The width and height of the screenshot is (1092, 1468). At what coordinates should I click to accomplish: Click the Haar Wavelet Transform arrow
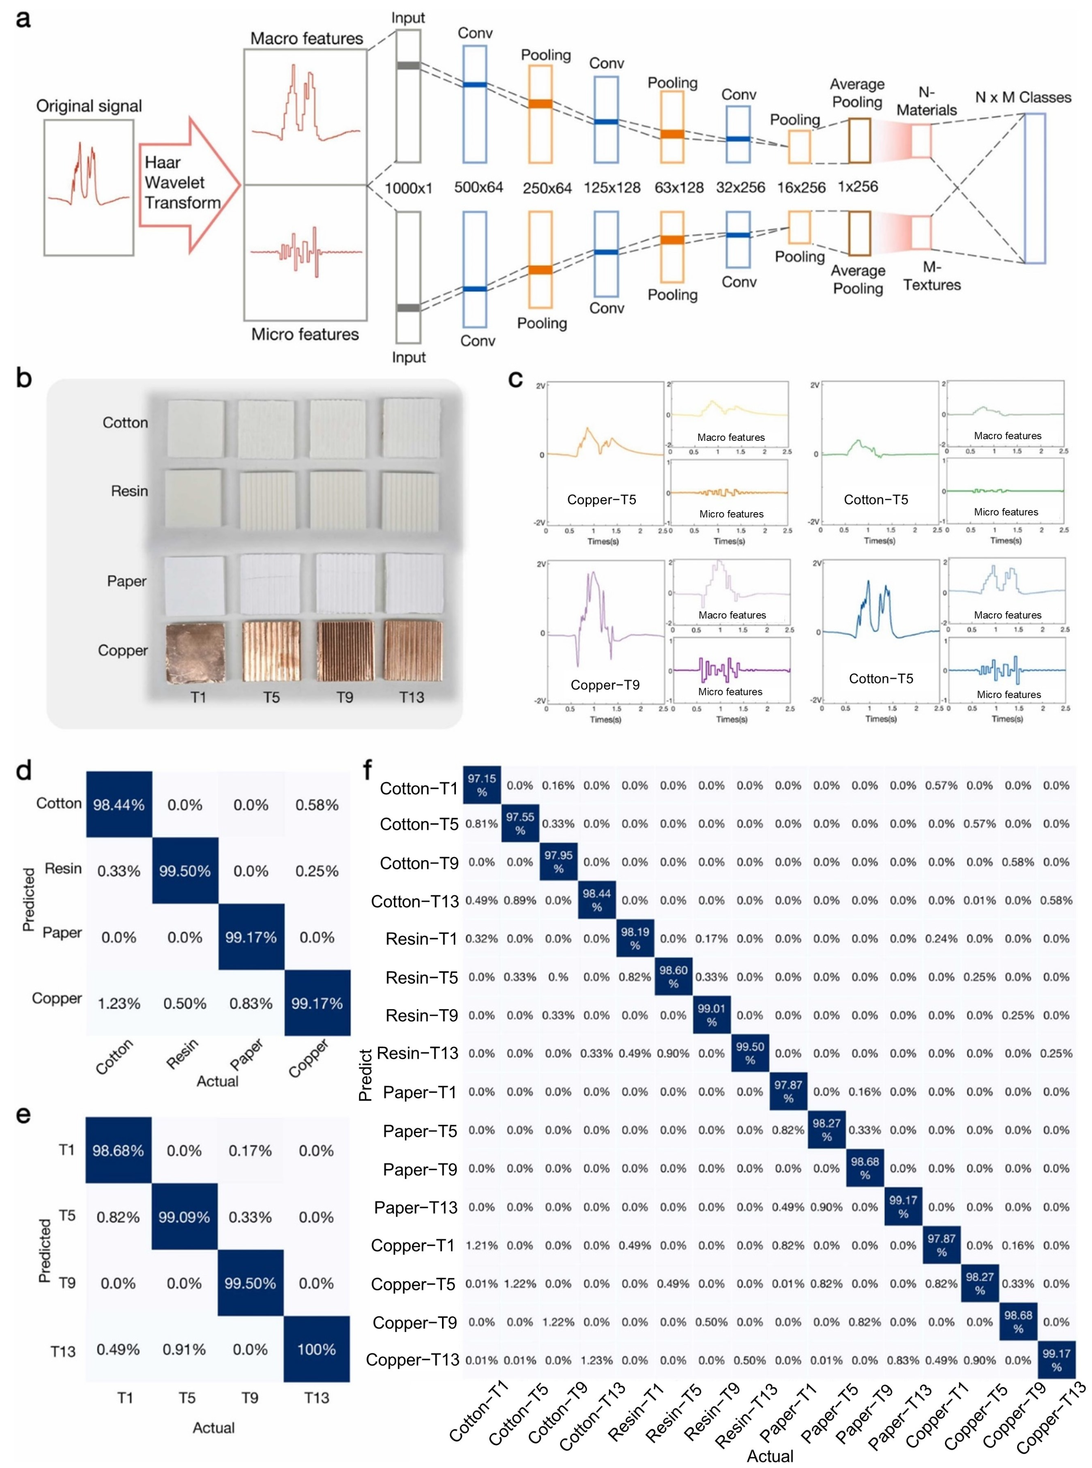tap(187, 184)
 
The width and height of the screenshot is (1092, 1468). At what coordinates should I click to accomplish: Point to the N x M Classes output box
tap(1034, 188)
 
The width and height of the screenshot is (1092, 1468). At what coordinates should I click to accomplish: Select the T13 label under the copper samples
tap(411, 697)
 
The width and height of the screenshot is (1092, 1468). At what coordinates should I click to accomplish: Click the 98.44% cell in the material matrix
tap(119, 804)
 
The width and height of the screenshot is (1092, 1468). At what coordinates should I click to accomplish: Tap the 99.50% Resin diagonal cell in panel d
tap(185, 871)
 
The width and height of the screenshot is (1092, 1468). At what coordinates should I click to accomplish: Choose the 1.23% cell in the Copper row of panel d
tap(119, 1004)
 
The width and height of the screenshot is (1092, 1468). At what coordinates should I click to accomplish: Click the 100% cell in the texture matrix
tap(317, 1349)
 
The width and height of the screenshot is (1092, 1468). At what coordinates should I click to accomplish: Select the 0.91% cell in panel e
tap(184, 1349)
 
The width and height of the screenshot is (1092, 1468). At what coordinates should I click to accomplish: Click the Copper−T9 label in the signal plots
tap(605, 685)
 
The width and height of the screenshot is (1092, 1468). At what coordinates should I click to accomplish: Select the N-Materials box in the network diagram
tap(921, 141)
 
